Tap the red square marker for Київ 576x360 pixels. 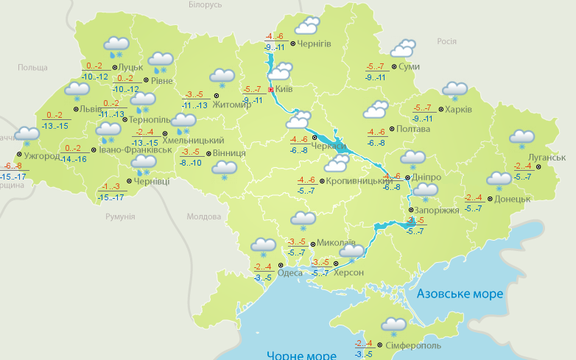click(x=271, y=90)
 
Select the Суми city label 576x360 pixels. click(x=409, y=67)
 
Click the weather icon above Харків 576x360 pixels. click(x=455, y=91)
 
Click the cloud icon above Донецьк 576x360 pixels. click(x=499, y=180)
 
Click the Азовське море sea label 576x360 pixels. click(x=460, y=294)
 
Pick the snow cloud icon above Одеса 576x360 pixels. click(x=263, y=247)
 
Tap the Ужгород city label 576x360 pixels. click(x=41, y=156)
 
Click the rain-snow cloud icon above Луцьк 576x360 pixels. click(x=116, y=46)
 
